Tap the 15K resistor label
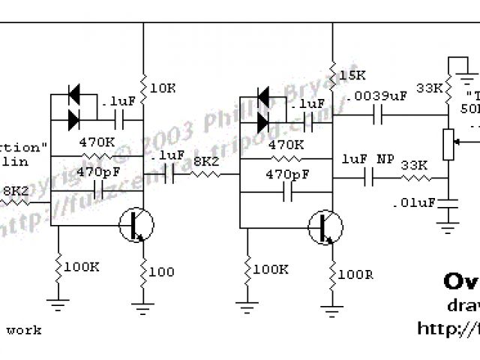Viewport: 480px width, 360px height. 352,76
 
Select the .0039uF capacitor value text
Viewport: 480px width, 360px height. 377,96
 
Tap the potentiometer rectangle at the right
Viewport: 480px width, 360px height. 449,144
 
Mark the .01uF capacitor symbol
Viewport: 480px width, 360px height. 449,202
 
